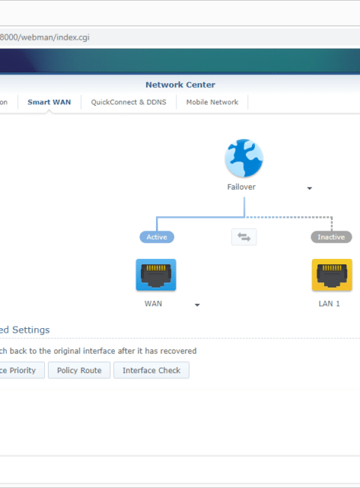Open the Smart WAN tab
[x=49, y=102]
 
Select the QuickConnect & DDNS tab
[x=128, y=102]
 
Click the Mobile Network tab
[x=212, y=102]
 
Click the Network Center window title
[x=180, y=85]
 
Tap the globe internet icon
[x=244, y=158]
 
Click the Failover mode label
[x=241, y=187]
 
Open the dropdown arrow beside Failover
[x=309, y=188]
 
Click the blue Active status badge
[x=157, y=237]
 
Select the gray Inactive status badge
[x=331, y=237]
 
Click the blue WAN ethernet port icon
[x=156, y=275]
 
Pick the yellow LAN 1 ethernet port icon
[x=332, y=275]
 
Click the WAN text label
[x=153, y=304]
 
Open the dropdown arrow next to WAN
[x=197, y=305]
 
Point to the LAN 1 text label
[x=329, y=304]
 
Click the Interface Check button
[x=151, y=370]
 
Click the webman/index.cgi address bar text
[x=44, y=38]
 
